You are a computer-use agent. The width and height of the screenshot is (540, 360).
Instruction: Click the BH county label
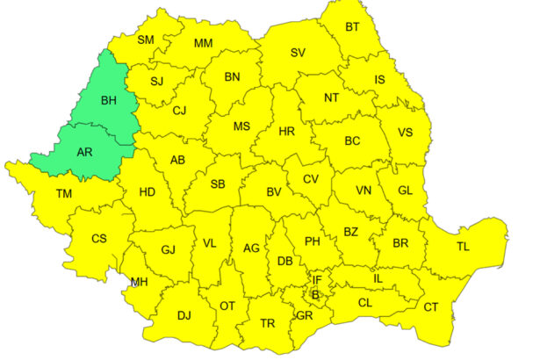point(109,101)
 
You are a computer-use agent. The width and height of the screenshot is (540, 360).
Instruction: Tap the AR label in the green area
point(85,151)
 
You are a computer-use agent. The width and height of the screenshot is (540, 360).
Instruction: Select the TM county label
point(64,193)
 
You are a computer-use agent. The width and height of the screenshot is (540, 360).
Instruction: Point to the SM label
point(145,40)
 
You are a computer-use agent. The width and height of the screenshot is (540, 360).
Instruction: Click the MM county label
point(203,43)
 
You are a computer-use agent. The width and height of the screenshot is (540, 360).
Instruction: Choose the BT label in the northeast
point(352,27)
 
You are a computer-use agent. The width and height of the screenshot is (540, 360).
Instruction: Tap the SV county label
point(298,53)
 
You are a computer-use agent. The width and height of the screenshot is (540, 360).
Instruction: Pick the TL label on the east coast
point(463,247)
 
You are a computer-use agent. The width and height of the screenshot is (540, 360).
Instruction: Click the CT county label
point(431,306)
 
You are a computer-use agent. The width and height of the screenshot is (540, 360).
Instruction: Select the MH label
point(139,282)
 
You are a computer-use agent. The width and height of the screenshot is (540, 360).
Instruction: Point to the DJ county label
point(184,315)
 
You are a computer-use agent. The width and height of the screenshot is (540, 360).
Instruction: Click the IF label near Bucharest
point(318,280)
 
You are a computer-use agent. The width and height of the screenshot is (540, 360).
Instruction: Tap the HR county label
point(286,131)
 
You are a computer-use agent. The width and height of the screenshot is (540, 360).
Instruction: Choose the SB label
point(218,184)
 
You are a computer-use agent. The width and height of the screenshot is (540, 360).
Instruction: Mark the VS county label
point(406,133)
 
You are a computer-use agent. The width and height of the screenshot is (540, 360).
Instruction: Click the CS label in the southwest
point(99,238)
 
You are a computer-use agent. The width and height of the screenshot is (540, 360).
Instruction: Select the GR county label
point(305,315)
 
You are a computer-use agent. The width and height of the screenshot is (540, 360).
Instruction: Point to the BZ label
point(351,232)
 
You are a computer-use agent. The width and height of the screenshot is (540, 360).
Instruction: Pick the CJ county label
point(180,111)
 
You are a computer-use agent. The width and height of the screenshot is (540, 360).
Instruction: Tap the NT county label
point(332,97)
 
